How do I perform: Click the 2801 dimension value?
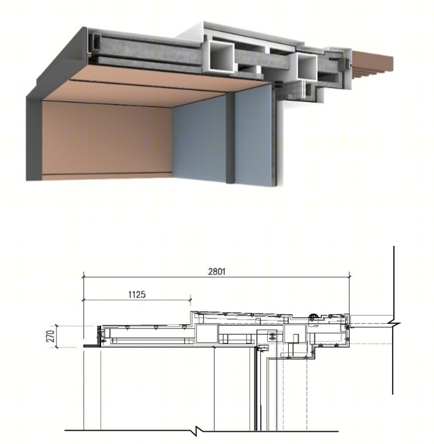(217, 271)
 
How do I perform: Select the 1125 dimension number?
(137, 295)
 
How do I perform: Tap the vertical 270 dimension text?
(51, 336)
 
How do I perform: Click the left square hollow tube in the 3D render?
(221, 56)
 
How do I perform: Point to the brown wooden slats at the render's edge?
(372, 65)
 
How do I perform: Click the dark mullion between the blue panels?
(230, 138)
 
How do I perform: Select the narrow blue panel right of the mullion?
(253, 136)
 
